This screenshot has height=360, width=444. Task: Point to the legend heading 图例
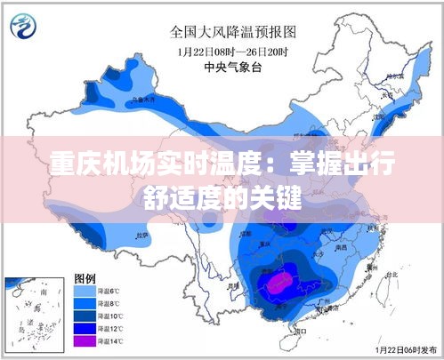[x=85, y=278]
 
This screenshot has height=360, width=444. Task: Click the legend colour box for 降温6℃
[x=85, y=291]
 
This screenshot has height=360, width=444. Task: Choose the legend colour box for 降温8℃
[x=85, y=303]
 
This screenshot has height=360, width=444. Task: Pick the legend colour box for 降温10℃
[x=85, y=316]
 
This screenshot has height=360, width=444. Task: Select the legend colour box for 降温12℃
[x=85, y=328]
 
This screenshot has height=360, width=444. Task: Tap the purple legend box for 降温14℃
[x=85, y=340]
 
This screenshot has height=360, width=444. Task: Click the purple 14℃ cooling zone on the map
[x=278, y=283]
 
